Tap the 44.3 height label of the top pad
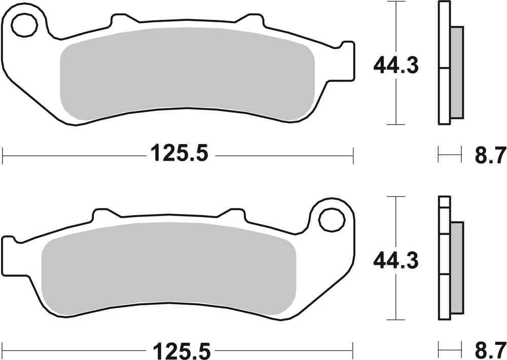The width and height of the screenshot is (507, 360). click(x=395, y=65)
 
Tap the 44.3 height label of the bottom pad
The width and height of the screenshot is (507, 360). click(x=395, y=262)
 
